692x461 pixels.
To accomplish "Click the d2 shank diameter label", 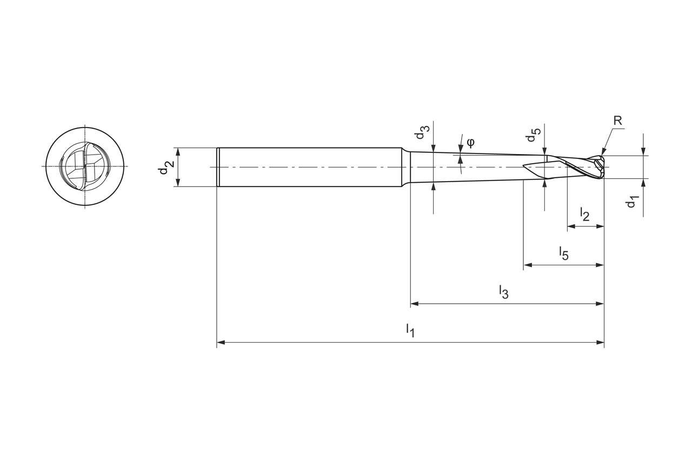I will (165, 168).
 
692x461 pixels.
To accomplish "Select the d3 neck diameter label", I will (424, 133).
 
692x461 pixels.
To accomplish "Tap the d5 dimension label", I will (534, 135).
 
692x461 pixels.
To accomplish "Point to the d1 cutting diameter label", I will (631, 202).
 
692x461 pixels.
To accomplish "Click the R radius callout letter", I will (618, 121).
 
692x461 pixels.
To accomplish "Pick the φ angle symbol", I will (470, 142).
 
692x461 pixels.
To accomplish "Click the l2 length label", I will (584, 215).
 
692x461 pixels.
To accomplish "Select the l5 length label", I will (563, 253).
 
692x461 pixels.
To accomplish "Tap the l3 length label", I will (503, 292).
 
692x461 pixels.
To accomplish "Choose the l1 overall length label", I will (410, 330).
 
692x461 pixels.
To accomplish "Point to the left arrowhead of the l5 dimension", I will (528, 265).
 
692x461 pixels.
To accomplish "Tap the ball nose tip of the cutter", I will (602, 167).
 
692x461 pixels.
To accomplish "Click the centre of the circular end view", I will (85, 166).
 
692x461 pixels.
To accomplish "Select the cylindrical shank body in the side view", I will (308, 167).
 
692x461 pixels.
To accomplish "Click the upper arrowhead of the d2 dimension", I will (177, 151).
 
